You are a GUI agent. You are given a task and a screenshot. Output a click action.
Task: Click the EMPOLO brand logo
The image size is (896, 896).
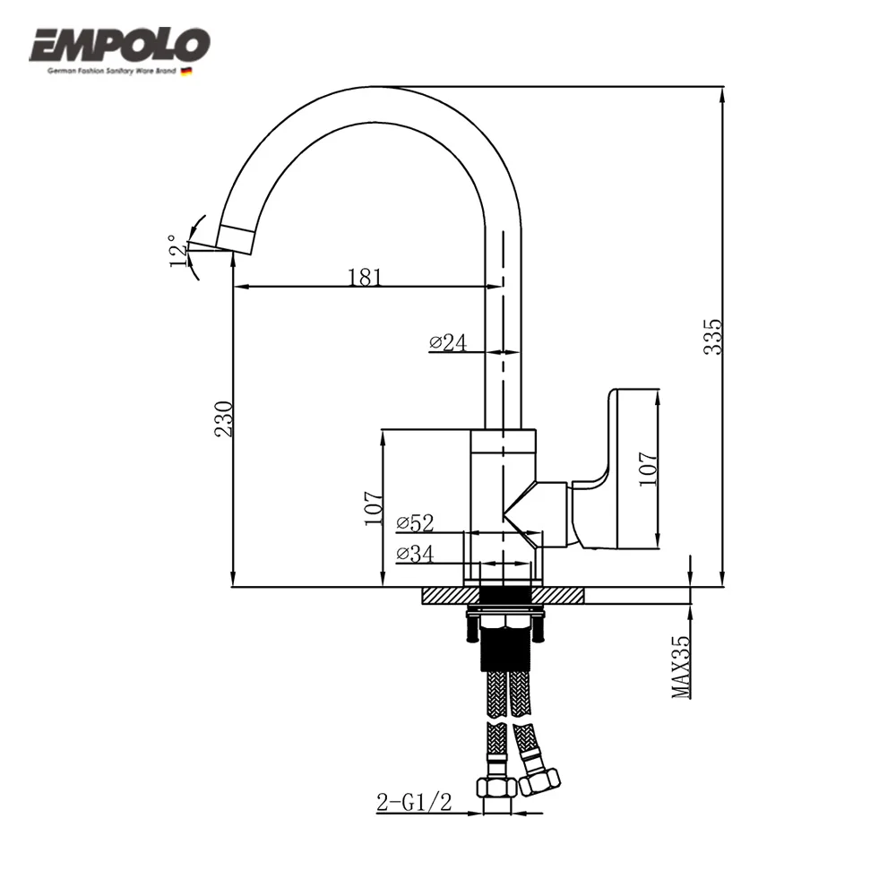(120, 45)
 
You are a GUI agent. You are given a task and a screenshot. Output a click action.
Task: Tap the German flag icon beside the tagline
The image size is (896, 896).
(186, 71)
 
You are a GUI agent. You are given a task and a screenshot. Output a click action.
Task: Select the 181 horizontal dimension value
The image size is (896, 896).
(365, 277)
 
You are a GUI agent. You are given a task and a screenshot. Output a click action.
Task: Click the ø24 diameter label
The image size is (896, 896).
(448, 342)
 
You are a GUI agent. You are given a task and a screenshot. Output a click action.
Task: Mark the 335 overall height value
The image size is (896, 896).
(712, 336)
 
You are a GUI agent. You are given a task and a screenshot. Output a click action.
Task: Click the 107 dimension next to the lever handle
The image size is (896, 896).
(649, 469)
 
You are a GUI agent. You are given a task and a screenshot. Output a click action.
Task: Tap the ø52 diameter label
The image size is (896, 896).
(415, 521)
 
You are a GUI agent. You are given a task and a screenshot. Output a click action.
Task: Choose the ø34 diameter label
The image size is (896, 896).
(415, 555)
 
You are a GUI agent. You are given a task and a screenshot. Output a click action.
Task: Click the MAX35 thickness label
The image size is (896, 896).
(682, 667)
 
